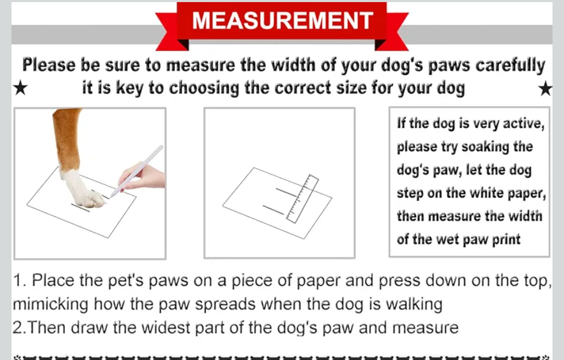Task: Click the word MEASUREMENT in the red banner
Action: pyautogui.click(x=282, y=21)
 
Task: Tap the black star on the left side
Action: pyautogui.click(x=19, y=89)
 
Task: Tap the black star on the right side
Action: pyautogui.click(x=545, y=89)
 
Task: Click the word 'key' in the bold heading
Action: pyautogui.click(x=130, y=88)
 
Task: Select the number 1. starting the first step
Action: pyautogui.click(x=20, y=281)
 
